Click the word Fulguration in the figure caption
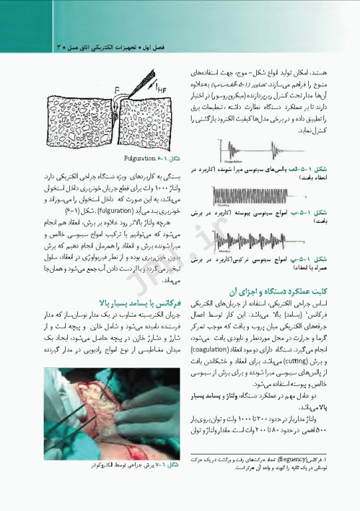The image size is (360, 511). coord(139,160)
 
